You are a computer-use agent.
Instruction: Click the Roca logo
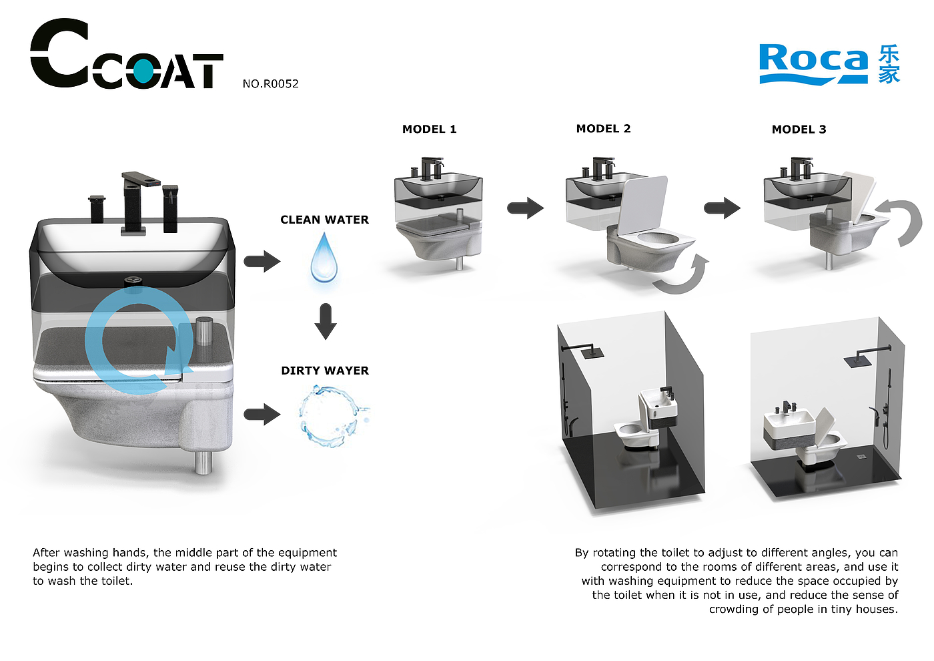pyautogui.click(x=829, y=64)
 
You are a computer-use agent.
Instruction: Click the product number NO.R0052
pyautogui.click(x=271, y=84)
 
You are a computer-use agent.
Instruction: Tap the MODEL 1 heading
pyautogui.click(x=430, y=130)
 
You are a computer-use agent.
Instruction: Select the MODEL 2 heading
pyautogui.click(x=603, y=128)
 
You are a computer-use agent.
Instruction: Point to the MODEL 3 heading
pyautogui.click(x=799, y=130)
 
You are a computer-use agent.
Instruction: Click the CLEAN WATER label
pyautogui.click(x=324, y=220)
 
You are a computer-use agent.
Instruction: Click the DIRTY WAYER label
pyautogui.click(x=325, y=371)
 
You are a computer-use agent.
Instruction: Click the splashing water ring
pyautogui.click(x=332, y=416)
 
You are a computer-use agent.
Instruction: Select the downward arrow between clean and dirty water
pyautogui.click(x=326, y=321)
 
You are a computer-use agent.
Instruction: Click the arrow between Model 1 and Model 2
pyautogui.click(x=526, y=208)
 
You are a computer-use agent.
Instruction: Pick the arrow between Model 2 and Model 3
pyautogui.click(x=722, y=208)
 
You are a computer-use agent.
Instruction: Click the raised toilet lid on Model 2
pyautogui.click(x=642, y=204)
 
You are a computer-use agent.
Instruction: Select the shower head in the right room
pyautogui.click(x=858, y=360)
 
